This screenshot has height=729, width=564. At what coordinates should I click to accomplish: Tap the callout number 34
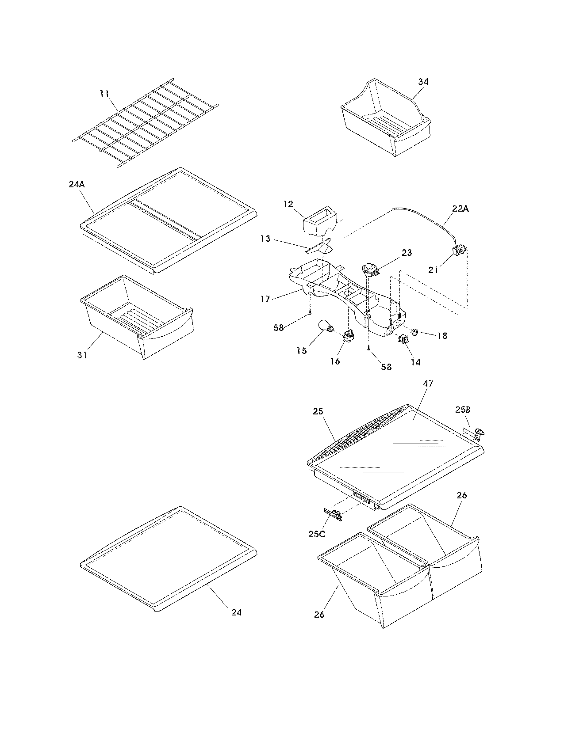423,82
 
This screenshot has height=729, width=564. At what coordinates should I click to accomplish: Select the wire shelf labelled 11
146,124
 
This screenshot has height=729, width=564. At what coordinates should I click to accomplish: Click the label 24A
77,185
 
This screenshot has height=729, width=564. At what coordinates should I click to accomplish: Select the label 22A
460,209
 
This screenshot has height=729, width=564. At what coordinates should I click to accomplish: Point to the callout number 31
82,354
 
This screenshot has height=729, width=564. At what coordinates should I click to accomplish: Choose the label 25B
462,410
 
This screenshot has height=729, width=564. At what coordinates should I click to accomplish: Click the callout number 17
265,299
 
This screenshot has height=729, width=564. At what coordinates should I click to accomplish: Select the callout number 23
407,252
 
